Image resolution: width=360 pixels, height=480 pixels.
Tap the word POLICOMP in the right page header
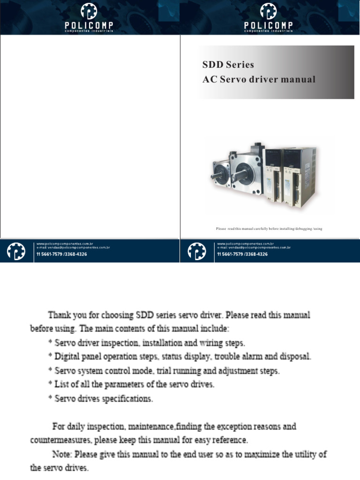click(269, 24)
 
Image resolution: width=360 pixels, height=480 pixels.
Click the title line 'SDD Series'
click(228, 65)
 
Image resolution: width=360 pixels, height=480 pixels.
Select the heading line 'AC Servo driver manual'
click(259, 79)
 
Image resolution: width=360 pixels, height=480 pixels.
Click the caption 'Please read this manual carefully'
click(269, 229)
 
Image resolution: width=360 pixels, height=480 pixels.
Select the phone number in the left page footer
click(61, 254)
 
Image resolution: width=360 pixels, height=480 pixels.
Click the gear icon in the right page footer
click(196, 252)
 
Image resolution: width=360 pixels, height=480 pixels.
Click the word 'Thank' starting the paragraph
click(60, 314)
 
